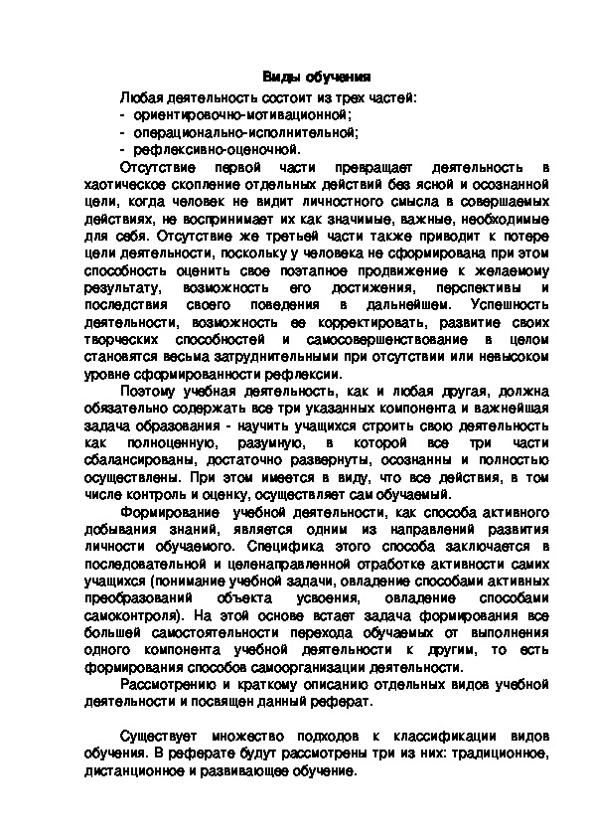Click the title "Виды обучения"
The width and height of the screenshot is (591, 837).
(316, 77)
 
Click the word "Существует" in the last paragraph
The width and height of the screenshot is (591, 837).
(160, 737)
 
